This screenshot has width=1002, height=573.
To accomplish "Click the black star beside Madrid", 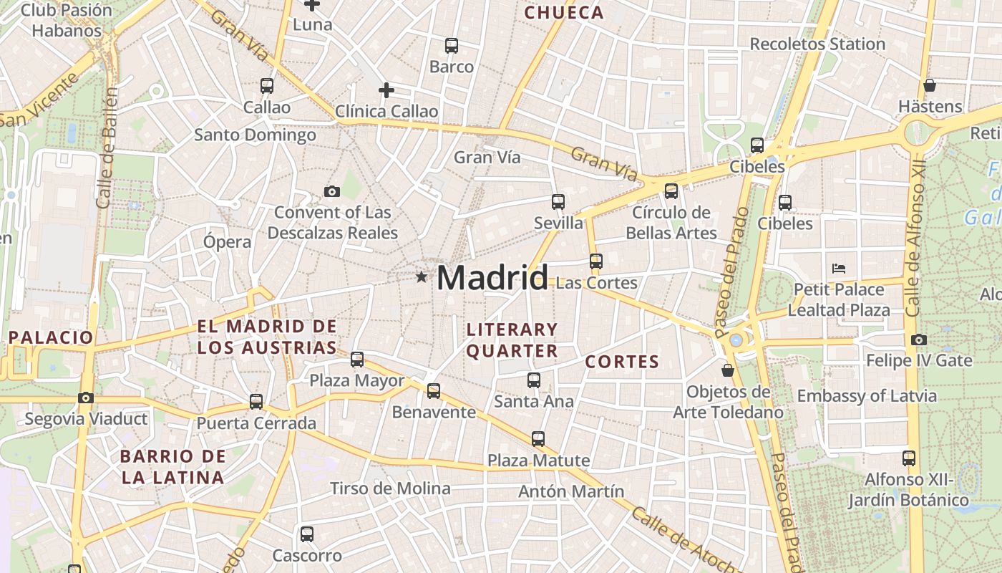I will (x=422, y=276).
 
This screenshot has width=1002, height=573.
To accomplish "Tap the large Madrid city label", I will (x=492, y=278).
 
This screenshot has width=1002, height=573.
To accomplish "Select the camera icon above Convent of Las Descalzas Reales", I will (x=331, y=191).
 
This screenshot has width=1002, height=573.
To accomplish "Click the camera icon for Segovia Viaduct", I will (x=86, y=398).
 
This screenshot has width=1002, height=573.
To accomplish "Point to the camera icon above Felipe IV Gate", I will (x=919, y=340).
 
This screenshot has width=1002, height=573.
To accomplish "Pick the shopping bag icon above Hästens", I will (x=930, y=85).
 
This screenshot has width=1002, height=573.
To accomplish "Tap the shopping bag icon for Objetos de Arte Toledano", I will (x=728, y=370).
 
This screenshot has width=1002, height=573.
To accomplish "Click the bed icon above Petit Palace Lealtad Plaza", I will (x=839, y=269).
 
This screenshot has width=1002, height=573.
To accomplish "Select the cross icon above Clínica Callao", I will (x=386, y=90).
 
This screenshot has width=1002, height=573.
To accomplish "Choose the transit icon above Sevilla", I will (x=558, y=202).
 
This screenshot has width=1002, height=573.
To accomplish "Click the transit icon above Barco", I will (x=452, y=46).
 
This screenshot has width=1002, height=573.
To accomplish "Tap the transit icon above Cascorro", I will (x=307, y=534).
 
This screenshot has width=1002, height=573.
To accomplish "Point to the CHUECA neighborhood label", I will (x=564, y=12).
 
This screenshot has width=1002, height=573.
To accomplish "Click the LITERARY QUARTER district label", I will (x=512, y=340).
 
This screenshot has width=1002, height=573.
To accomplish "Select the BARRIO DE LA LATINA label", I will (x=172, y=466).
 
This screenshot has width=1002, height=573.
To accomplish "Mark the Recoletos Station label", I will (x=817, y=44).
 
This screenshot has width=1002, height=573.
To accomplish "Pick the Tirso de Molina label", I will (x=390, y=488).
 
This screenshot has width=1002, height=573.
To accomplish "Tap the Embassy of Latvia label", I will (x=867, y=395).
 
